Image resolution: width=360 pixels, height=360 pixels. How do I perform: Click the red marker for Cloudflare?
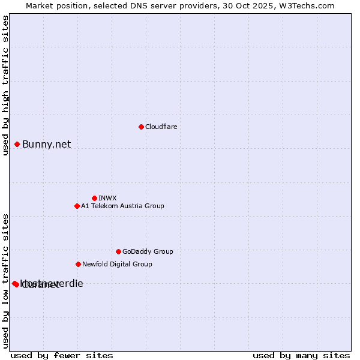click(141, 127)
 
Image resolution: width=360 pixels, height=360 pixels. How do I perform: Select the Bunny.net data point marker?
click(17, 144)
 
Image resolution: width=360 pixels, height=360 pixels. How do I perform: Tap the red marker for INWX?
click(94, 198)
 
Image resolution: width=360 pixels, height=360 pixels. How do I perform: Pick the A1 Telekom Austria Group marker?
click(77, 206)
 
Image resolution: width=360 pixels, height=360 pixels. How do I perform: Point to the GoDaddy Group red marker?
click(118, 251)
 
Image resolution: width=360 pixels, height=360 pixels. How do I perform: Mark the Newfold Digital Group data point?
click(78, 264)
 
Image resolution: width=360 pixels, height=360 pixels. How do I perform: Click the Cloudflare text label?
click(161, 127)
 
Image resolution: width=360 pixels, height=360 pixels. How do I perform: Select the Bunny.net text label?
click(47, 144)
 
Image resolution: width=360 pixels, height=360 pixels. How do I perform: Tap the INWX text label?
click(107, 198)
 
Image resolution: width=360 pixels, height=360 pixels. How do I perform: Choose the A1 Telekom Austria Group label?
click(122, 206)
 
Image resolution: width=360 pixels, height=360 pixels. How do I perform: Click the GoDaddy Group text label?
click(148, 251)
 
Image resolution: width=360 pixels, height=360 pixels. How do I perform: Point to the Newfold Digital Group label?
click(117, 264)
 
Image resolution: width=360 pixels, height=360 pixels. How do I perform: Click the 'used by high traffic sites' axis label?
click(5, 85)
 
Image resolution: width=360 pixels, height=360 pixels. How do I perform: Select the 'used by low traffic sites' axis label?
click(5, 280)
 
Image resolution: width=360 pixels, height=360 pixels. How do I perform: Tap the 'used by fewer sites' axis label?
click(62, 355)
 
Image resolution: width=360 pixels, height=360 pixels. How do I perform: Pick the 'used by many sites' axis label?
click(301, 355)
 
